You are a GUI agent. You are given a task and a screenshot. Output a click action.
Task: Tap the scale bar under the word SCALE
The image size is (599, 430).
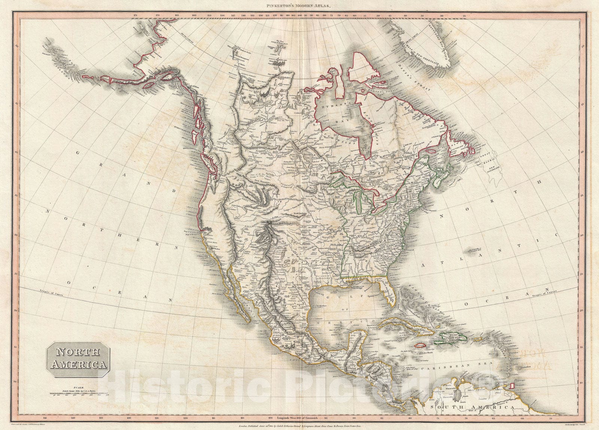[x=77, y=393]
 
